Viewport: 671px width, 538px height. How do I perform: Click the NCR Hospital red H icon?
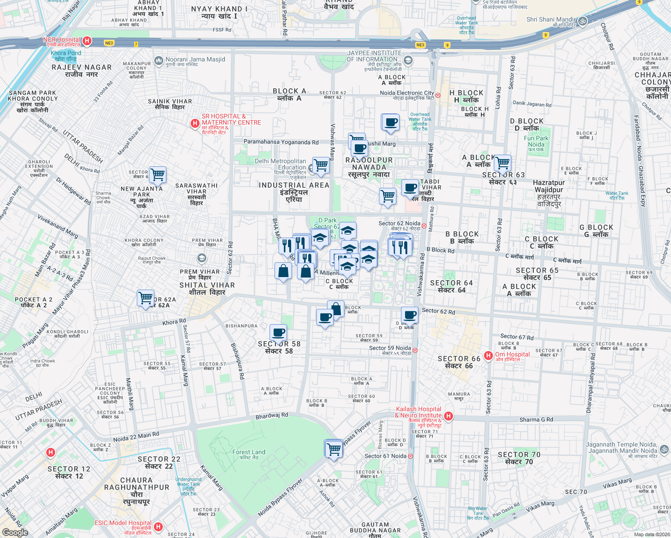[87, 41]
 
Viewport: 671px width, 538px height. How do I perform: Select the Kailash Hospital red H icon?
[448, 417]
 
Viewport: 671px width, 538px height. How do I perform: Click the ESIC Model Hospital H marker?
[158, 527]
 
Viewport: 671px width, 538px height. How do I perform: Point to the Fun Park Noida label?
[536, 142]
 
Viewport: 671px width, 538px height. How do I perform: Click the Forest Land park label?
[248, 453]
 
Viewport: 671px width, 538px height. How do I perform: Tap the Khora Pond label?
[66, 56]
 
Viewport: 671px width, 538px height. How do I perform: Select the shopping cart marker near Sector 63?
[502, 163]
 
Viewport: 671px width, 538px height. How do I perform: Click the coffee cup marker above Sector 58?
[278, 333]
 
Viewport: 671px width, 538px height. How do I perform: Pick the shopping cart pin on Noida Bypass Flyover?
[334, 448]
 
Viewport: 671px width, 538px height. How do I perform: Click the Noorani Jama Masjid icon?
[158, 61]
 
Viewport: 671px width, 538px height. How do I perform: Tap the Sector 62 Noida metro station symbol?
[424, 226]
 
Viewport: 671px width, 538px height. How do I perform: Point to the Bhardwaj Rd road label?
[272, 416]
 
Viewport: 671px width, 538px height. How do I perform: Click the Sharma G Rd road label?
[536, 420]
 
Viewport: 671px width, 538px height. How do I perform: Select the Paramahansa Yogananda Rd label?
[281, 142]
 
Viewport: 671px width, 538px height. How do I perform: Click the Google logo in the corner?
[15, 533]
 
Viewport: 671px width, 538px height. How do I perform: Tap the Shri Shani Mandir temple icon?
[582, 21]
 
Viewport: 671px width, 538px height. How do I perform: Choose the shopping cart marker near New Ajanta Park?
[157, 175]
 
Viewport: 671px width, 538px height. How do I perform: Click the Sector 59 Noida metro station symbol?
[415, 350]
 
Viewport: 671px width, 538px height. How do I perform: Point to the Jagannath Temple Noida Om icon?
[663, 449]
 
